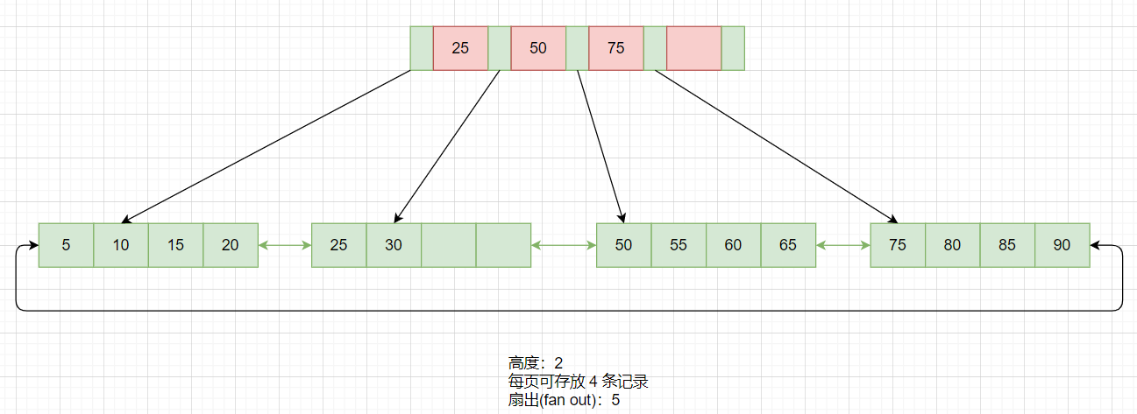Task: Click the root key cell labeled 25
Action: click(460, 48)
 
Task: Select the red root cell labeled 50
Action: click(538, 48)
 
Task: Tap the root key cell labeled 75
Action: click(615, 48)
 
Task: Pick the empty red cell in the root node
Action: click(693, 48)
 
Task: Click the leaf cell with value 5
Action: click(67, 245)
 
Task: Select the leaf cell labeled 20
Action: click(231, 245)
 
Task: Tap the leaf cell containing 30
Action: click(394, 245)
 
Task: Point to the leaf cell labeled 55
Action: click(679, 245)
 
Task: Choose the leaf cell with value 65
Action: click(788, 245)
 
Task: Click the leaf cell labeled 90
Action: click(1062, 245)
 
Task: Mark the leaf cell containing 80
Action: click(952, 245)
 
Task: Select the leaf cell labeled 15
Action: click(175, 245)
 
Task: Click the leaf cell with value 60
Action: click(733, 245)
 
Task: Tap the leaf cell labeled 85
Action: click(1007, 245)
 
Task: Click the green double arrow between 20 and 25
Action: click(285, 246)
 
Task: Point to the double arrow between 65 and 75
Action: click(842, 246)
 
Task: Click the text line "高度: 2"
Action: click(536, 362)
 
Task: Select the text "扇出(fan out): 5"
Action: click(565, 400)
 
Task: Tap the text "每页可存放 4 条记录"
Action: click(578, 382)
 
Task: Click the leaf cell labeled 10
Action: click(121, 245)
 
